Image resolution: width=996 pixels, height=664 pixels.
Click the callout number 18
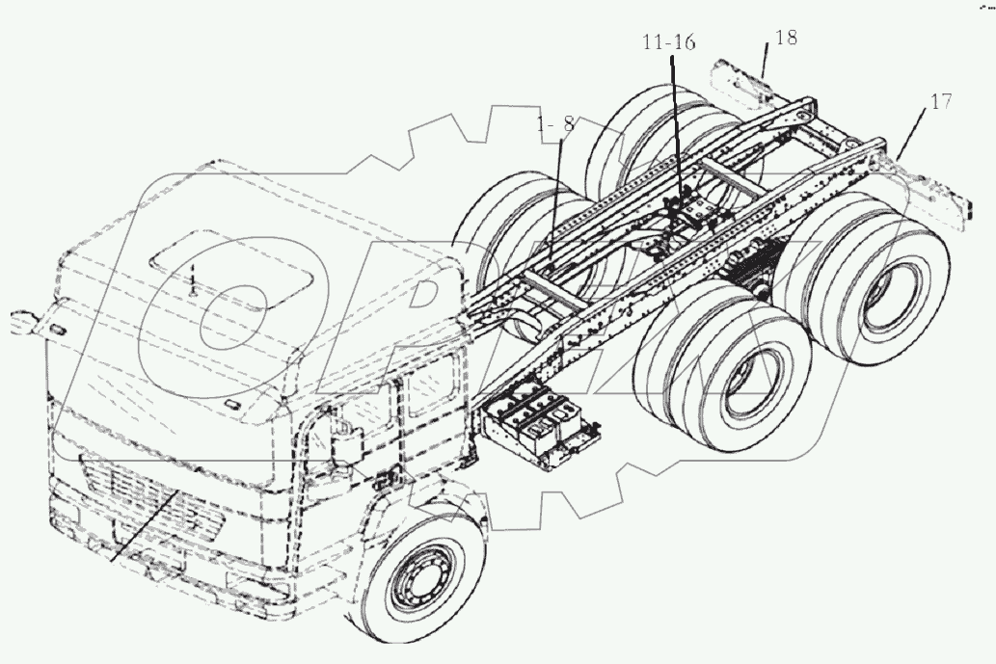(x=786, y=39)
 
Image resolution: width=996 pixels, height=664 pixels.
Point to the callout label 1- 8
(x=556, y=123)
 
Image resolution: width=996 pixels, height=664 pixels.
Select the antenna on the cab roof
(x=192, y=279)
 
